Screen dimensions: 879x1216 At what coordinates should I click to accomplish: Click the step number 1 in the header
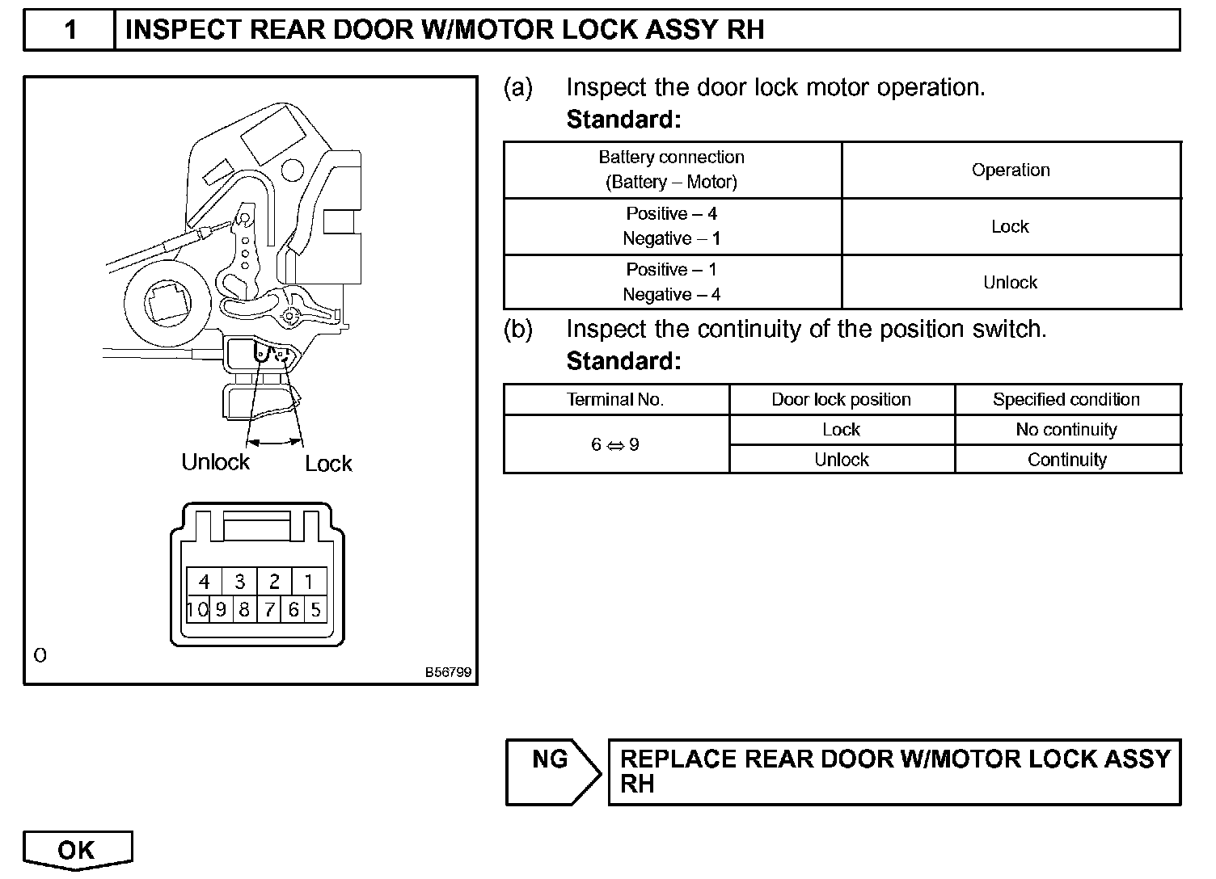(x=70, y=30)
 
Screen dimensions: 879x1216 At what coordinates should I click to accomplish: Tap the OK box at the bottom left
(x=77, y=850)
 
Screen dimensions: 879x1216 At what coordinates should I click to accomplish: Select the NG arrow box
(x=551, y=772)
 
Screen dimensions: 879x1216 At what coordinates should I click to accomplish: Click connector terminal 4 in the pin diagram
(x=205, y=582)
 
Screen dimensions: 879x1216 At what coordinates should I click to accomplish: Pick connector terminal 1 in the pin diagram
(x=309, y=582)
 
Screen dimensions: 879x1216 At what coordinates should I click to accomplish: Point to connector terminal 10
(x=197, y=609)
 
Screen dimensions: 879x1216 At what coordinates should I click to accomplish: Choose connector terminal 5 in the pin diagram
(x=315, y=609)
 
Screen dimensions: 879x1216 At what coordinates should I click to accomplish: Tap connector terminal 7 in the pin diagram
(x=269, y=609)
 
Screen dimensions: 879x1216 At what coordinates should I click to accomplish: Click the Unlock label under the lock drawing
(x=215, y=462)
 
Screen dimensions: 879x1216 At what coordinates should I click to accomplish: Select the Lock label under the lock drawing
(x=328, y=464)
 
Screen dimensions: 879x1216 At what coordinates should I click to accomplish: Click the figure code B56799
(x=448, y=672)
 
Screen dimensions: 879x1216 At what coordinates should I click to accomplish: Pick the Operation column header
(x=1011, y=170)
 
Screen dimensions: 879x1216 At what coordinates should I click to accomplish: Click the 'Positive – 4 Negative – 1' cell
(x=672, y=226)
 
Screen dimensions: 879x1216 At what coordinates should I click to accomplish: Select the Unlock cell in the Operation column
(x=1011, y=283)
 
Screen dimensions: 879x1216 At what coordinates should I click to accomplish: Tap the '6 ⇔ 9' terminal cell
(x=615, y=444)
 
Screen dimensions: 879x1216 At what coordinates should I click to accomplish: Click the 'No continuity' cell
(x=1066, y=430)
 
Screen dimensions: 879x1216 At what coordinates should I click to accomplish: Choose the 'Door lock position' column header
(x=841, y=400)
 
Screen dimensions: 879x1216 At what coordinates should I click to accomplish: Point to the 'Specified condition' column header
(x=1066, y=400)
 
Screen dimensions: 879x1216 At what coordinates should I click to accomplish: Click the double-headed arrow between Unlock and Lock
(x=275, y=441)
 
